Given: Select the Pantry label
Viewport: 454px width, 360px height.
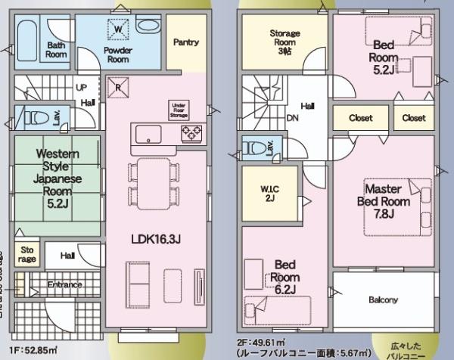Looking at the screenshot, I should (185, 42).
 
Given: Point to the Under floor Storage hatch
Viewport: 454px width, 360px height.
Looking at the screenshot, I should (179, 110).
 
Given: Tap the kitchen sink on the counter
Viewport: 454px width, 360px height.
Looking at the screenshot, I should (147, 135).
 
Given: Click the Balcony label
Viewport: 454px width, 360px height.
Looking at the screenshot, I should (383, 300).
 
